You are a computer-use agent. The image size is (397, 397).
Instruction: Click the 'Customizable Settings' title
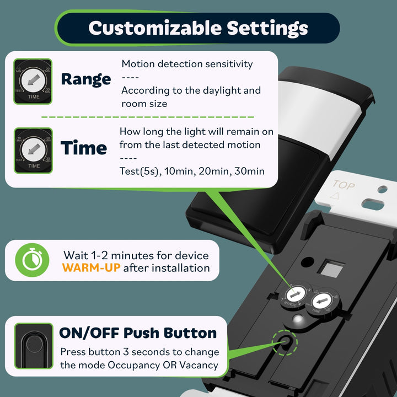(x=198, y=28)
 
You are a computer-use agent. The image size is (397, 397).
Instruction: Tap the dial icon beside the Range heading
(x=33, y=82)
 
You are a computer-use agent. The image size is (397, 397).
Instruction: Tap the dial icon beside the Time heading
(x=33, y=151)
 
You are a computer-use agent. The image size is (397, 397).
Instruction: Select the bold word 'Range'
(x=85, y=79)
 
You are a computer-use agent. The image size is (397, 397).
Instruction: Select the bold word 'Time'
(x=84, y=148)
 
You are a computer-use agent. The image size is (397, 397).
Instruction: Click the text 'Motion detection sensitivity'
(x=187, y=64)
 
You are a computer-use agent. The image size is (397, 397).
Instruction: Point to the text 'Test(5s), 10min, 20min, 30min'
(x=192, y=171)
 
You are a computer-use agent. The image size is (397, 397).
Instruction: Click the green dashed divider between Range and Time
(x=148, y=117)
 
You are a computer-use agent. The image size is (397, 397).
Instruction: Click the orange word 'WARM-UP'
(x=90, y=269)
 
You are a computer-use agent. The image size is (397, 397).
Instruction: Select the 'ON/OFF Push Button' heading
(x=138, y=333)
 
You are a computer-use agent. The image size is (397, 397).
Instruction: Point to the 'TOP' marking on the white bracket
(x=344, y=186)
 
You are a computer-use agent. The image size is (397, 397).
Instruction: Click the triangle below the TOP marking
(x=332, y=196)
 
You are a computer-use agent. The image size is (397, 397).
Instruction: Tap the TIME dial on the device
(x=321, y=302)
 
